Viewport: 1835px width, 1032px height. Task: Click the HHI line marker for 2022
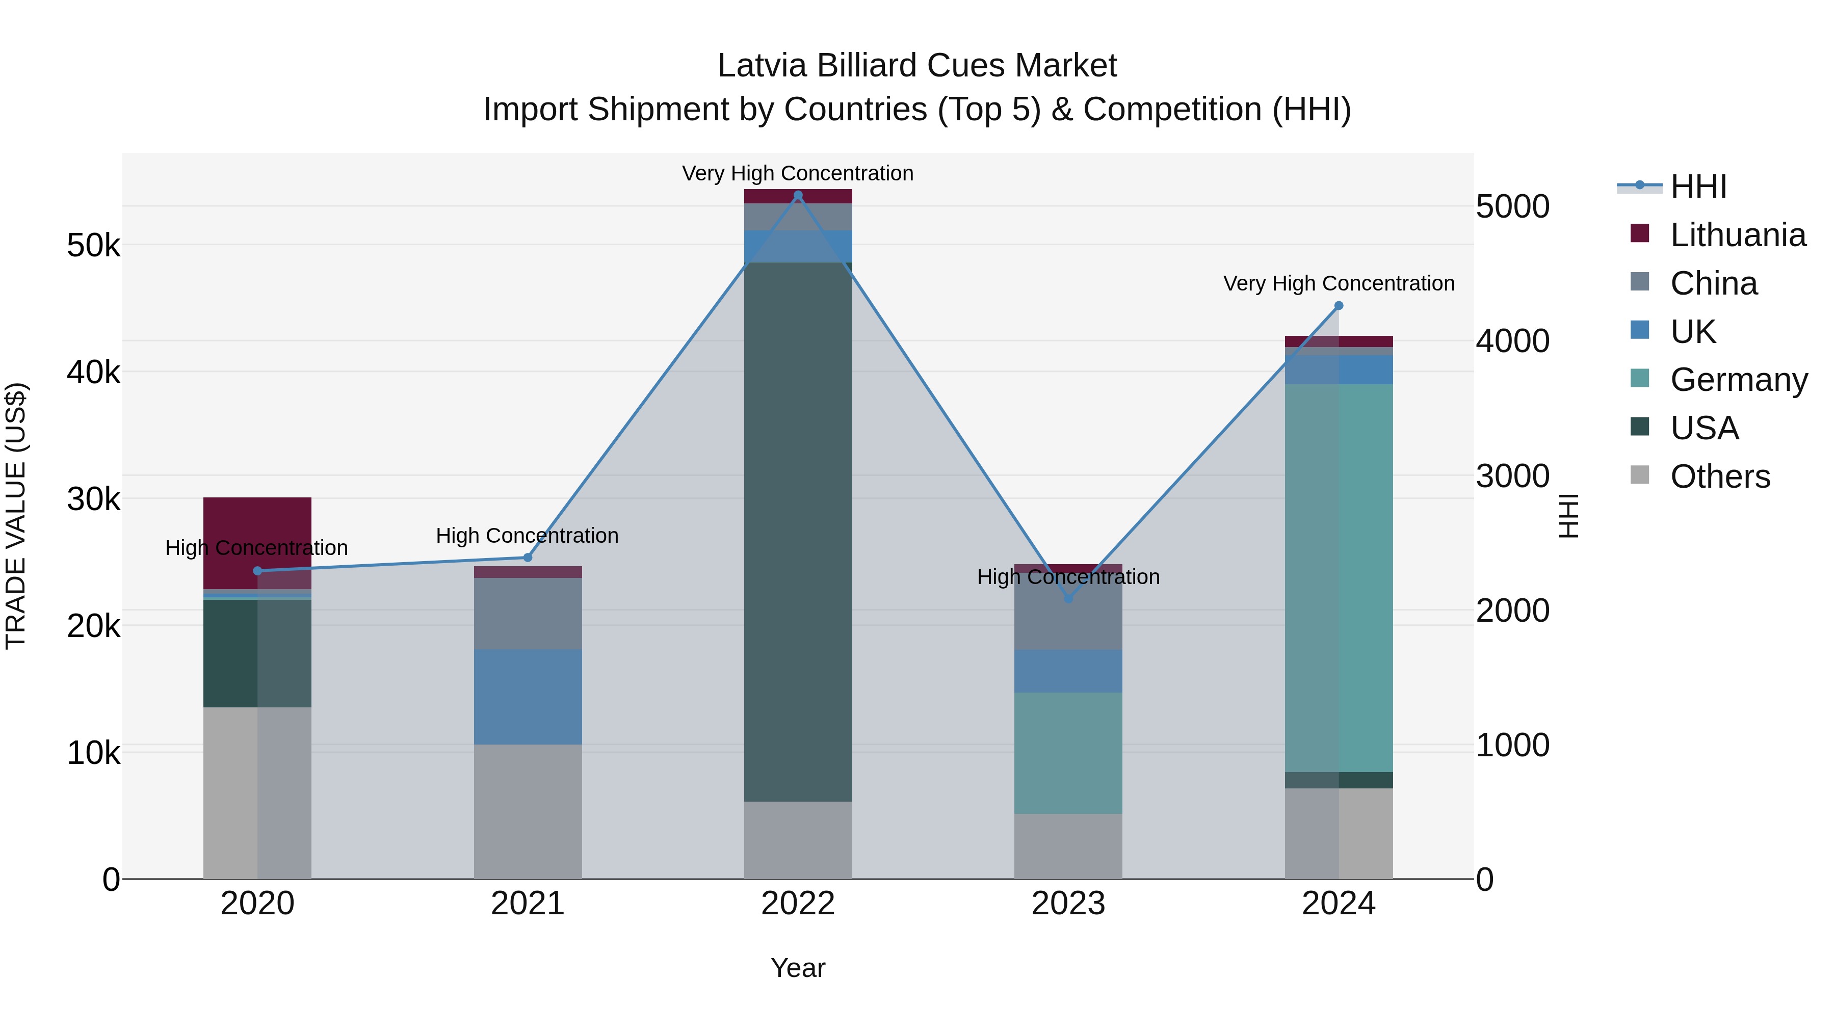tap(798, 195)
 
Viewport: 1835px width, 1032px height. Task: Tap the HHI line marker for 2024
tap(1339, 306)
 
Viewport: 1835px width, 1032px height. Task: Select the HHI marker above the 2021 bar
tap(528, 557)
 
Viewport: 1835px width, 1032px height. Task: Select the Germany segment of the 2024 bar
tap(1339, 577)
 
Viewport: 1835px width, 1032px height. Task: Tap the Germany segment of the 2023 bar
tap(1068, 752)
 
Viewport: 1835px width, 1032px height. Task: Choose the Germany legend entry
tap(1738, 380)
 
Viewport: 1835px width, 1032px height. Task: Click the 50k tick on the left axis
tap(93, 246)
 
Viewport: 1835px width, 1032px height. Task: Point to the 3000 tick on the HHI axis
tap(1512, 476)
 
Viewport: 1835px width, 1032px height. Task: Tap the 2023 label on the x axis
tap(1068, 904)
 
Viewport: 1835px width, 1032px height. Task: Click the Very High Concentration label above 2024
tap(1339, 283)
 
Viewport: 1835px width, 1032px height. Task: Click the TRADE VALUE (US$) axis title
tap(16, 516)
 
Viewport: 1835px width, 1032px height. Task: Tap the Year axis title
tap(798, 968)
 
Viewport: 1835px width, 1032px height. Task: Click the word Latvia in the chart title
tap(762, 66)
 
